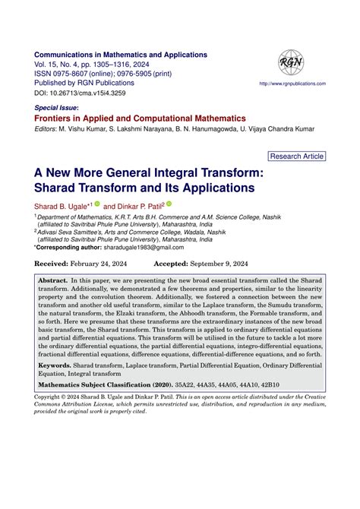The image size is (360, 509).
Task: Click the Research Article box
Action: (x=297, y=156)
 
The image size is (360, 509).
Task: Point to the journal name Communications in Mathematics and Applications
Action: (x=121, y=55)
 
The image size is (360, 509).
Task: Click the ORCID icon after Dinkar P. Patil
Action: (x=169, y=204)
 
